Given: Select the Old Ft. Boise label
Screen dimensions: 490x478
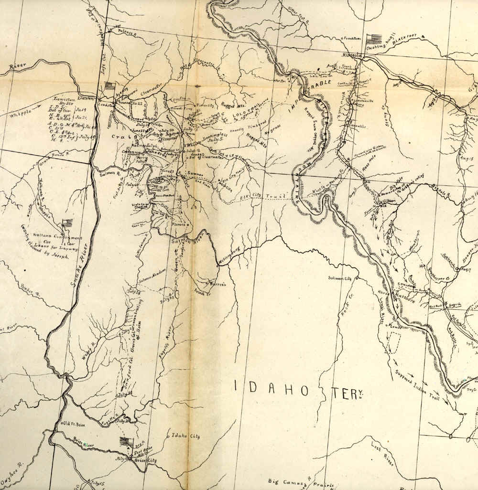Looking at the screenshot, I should tap(74, 424).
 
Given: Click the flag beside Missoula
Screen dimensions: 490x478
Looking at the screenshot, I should tap(373, 38).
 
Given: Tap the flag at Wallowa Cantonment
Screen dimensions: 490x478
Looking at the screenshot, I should tap(66, 224).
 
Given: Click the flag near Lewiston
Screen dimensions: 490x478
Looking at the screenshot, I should tap(109, 86).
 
